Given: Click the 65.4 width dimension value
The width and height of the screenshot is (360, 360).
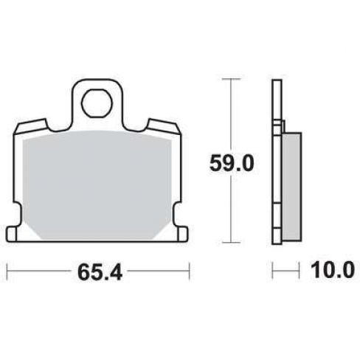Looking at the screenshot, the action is (100, 273).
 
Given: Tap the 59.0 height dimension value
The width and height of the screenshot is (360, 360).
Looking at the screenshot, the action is (232, 164).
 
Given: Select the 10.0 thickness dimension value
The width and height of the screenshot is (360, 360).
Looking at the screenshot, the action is (333, 270).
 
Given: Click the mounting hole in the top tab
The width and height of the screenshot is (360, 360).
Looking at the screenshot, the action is (97, 103).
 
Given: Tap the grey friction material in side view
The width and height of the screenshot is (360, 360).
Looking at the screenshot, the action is (292, 187).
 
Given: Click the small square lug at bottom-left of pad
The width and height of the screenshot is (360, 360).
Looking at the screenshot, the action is (11, 235).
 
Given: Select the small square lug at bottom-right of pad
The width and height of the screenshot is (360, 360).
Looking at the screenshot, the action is (183, 234).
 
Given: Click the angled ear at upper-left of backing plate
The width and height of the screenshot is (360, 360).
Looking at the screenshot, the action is (32, 126).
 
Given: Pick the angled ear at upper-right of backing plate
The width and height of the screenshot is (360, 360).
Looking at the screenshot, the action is (164, 126).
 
